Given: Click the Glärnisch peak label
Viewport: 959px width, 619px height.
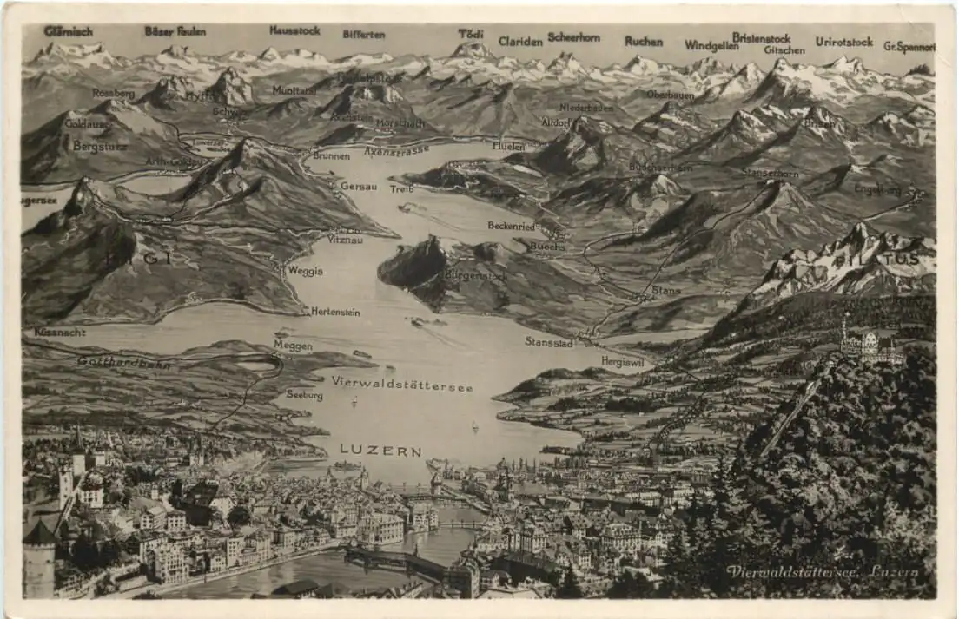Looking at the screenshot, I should tap(68, 31).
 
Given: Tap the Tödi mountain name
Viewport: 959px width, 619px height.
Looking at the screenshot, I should tap(471, 34).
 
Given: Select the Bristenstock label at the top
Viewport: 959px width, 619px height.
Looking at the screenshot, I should tap(761, 38).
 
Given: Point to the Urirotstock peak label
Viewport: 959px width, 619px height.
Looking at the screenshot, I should tap(843, 42).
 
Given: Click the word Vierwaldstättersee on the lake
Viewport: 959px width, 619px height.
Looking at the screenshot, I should tap(401, 384).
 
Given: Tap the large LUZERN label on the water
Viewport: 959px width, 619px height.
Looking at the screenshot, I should tap(380, 451).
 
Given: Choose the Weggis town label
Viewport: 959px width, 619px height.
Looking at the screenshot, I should tap(305, 271).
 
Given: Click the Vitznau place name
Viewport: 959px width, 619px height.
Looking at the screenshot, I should tap(345, 239).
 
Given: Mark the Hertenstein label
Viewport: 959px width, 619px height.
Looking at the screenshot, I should tap(334, 311).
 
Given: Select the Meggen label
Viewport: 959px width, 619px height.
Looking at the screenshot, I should tap(293, 346).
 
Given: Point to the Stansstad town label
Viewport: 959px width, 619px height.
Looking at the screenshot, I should tap(548, 342).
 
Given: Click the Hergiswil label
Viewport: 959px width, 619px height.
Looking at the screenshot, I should tap(622, 361).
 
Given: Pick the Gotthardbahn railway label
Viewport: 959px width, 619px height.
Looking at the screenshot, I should tap(123, 361).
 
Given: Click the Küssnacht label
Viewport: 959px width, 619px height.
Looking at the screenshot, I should tap(60, 332).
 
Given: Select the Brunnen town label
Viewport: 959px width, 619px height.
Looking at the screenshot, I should tap(331, 156).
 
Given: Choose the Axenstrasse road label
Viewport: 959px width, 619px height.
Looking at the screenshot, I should tap(396, 151).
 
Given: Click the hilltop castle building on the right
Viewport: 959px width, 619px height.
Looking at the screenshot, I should tap(871, 347).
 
